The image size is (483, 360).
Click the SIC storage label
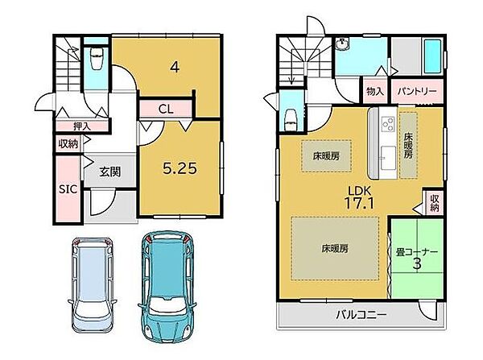point(68,189)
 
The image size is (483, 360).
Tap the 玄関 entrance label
point(109,172)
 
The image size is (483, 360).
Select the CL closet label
point(166,110)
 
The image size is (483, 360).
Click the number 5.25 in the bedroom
point(180,168)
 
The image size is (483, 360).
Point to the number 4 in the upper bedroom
point(175,67)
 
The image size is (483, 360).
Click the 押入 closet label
point(82,126)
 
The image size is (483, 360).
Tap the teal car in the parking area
point(168,288)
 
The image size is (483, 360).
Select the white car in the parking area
point(93,285)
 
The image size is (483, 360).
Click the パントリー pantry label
point(417,92)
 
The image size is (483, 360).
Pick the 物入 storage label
point(375,91)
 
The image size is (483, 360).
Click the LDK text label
point(359,191)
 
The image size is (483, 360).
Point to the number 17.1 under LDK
point(359,203)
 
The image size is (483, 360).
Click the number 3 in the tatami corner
point(416,264)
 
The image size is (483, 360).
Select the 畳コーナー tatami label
point(416,252)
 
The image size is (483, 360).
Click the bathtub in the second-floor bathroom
point(432,56)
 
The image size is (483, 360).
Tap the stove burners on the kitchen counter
point(388,124)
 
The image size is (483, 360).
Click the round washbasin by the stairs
point(342,44)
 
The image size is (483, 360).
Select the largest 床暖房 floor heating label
point(335,248)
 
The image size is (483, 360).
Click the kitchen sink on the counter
point(388,158)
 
